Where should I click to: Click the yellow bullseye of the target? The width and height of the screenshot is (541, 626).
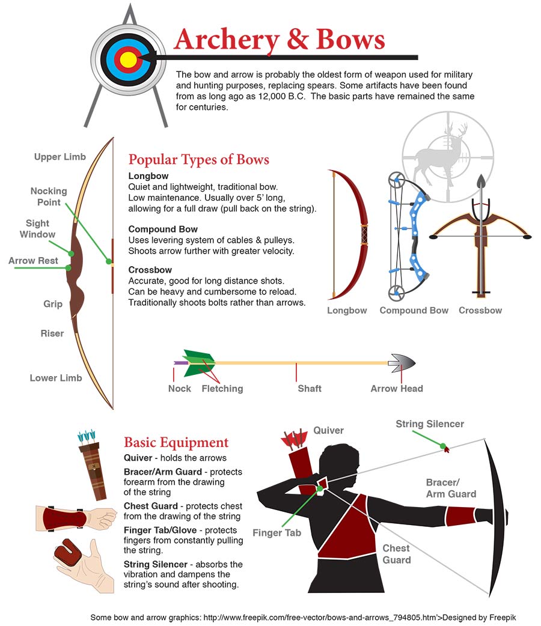point(128,59)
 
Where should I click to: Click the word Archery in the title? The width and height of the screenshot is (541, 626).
point(227,40)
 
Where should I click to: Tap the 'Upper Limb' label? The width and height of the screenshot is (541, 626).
point(60,156)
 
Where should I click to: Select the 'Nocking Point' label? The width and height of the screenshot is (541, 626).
point(49,196)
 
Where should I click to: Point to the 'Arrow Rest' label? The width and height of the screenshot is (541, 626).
point(33,260)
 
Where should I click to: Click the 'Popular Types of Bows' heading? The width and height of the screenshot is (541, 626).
point(198,159)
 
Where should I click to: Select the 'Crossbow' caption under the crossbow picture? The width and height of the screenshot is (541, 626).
point(480,310)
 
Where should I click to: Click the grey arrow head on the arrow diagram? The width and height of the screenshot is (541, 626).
point(402,363)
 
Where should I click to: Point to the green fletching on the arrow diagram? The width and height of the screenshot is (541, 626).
point(198,362)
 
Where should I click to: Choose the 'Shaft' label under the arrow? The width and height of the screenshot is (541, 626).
point(310,389)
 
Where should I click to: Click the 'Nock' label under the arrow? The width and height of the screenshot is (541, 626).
point(179,389)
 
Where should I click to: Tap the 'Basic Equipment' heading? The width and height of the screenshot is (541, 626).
point(176,442)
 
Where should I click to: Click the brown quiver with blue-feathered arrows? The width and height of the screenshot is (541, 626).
point(93,465)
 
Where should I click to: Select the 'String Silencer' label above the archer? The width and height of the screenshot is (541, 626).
point(430,424)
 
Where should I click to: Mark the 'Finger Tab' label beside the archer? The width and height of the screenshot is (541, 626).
point(277,532)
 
